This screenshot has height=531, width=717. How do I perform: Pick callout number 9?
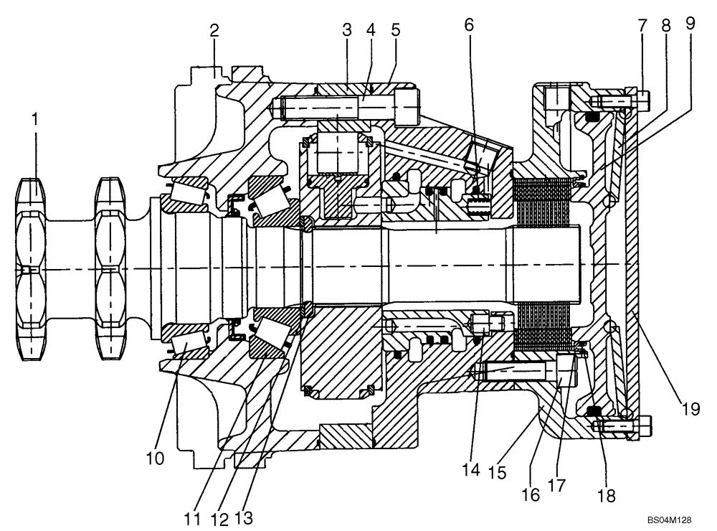[690, 24]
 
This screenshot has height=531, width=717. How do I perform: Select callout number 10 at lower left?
[155, 457]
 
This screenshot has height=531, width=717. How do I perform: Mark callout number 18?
[607, 495]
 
